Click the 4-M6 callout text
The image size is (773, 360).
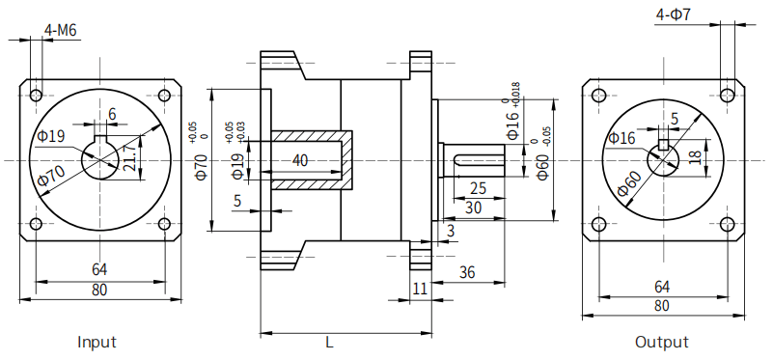[61, 31]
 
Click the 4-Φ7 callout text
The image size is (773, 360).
[673, 14]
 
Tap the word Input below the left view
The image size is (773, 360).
[97, 342]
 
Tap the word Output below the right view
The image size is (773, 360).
[662, 342]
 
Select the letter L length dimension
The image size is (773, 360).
[329, 343]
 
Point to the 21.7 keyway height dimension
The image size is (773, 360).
[129, 158]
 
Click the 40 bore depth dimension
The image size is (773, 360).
[300, 160]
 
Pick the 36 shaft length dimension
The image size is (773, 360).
[467, 272]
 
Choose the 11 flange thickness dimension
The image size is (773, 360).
[420, 289]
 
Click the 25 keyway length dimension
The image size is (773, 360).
[479, 188]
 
